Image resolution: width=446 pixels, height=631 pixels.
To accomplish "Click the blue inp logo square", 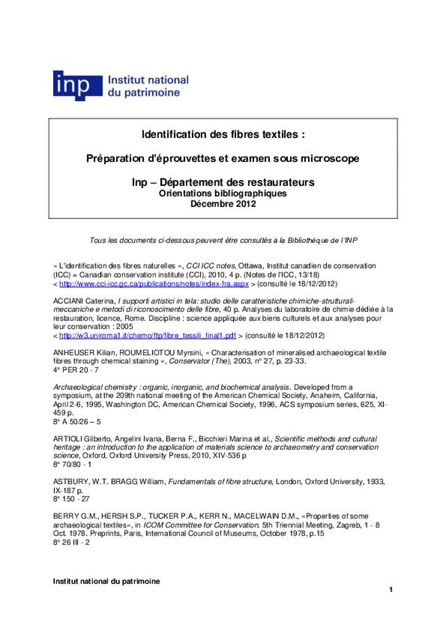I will (x=77, y=85).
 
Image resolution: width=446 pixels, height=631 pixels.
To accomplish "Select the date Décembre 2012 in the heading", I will (x=223, y=204).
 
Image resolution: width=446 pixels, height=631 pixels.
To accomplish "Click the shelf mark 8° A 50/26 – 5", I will (x=77, y=421).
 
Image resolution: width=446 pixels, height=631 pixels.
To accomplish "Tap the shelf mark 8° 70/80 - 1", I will (x=73, y=464).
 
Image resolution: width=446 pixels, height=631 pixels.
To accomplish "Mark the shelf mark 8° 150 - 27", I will (x=73, y=499).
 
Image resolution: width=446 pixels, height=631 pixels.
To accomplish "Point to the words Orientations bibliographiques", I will (x=223, y=194).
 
